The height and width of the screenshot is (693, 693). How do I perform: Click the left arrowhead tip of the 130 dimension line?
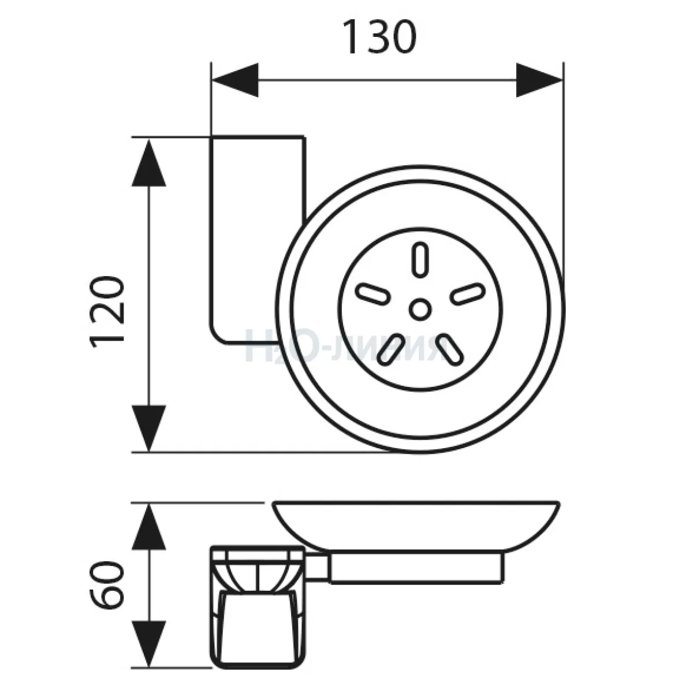pyautogui.click(x=213, y=80)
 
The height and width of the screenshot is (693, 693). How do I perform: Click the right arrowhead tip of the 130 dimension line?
pyautogui.click(x=562, y=80)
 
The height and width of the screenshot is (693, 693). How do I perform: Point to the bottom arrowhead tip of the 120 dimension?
pyautogui.click(x=149, y=452)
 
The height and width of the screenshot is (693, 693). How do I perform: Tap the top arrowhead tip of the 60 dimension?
pyautogui.click(x=149, y=504)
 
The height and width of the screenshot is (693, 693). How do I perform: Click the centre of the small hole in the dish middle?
pyautogui.click(x=420, y=309)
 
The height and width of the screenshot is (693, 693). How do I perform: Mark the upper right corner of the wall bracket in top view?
pyautogui.click(x=305, y=137)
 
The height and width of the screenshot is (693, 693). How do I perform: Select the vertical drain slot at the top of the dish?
pyautogui.click(x=420, y=260)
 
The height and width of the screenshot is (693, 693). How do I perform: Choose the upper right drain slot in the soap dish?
pyautogui.click(x=468, y=294)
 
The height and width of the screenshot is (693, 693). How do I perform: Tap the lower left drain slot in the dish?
pyautogui.click(x=391, y=349)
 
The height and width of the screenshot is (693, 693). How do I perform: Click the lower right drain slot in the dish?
pyautogui.click(x=449, y=349)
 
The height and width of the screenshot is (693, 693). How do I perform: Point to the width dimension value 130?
pyautogui.click(x=380, y=37)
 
